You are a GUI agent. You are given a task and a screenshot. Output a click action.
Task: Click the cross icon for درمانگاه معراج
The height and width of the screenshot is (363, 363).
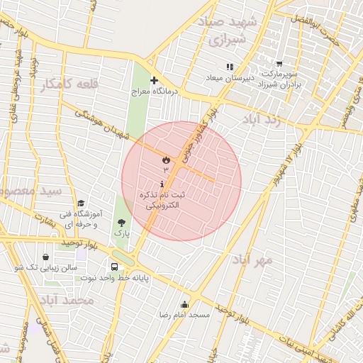click(154, 81)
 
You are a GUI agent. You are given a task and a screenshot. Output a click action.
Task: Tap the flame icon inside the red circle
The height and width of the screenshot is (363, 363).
click(166, 159)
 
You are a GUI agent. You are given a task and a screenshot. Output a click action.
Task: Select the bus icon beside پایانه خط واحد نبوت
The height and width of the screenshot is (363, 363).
click(115, 267)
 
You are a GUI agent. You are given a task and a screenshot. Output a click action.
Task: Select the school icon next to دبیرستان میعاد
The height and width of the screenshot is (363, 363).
click(229, 67)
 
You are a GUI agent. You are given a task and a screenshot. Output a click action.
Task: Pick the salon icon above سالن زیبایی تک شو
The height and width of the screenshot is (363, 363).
click(45, 257)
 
